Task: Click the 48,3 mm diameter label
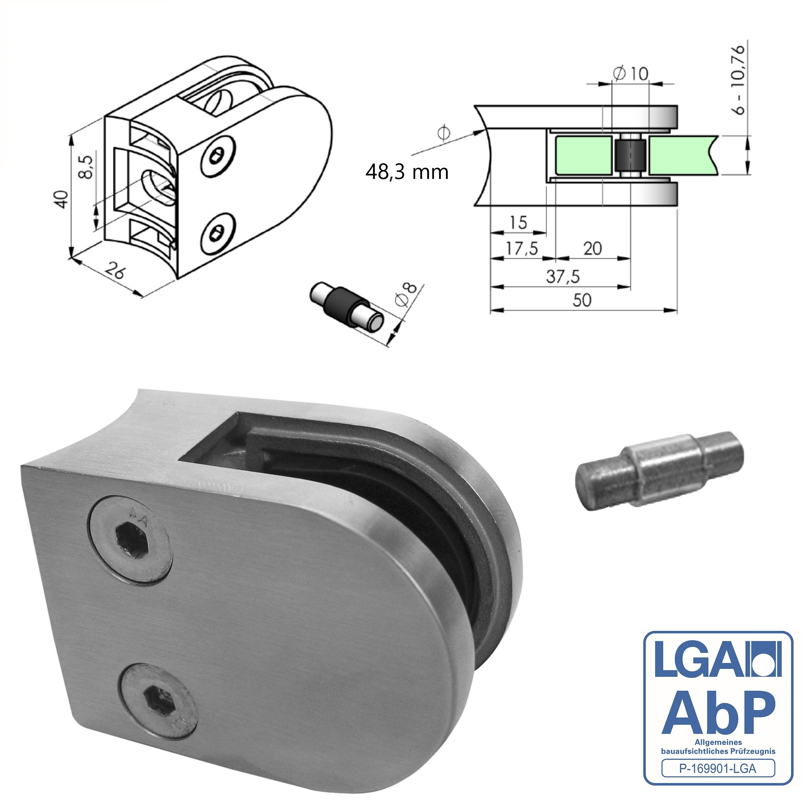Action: click(407, 172)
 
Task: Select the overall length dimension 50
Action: click(582, 300)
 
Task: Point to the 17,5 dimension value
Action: click(522, 249)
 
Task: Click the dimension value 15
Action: click(518, 223)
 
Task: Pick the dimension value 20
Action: click(592, 249)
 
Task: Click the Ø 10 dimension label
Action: click(631, 74)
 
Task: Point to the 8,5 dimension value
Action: click(86, 167)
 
